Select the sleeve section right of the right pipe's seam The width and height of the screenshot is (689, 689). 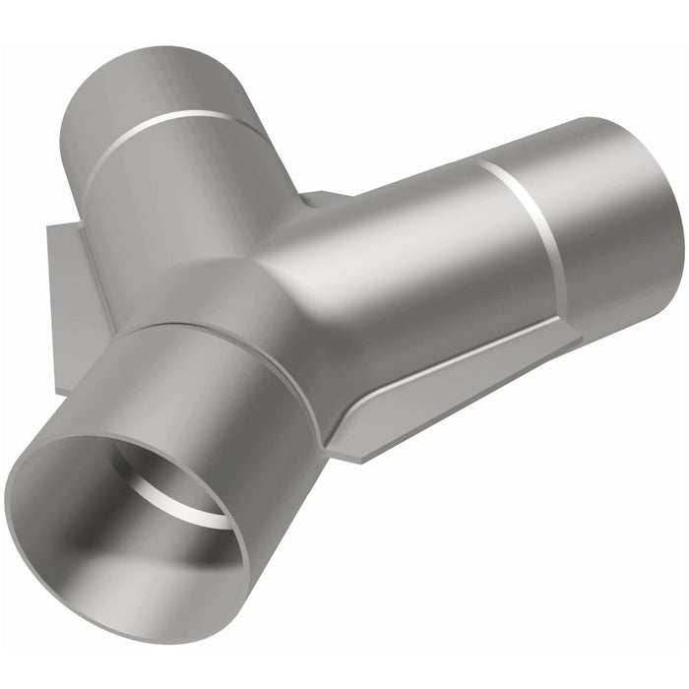pyautogui.click(x=610, y=226)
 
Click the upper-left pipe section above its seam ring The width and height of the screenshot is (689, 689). pyautogui.click(x=148, y=89)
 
